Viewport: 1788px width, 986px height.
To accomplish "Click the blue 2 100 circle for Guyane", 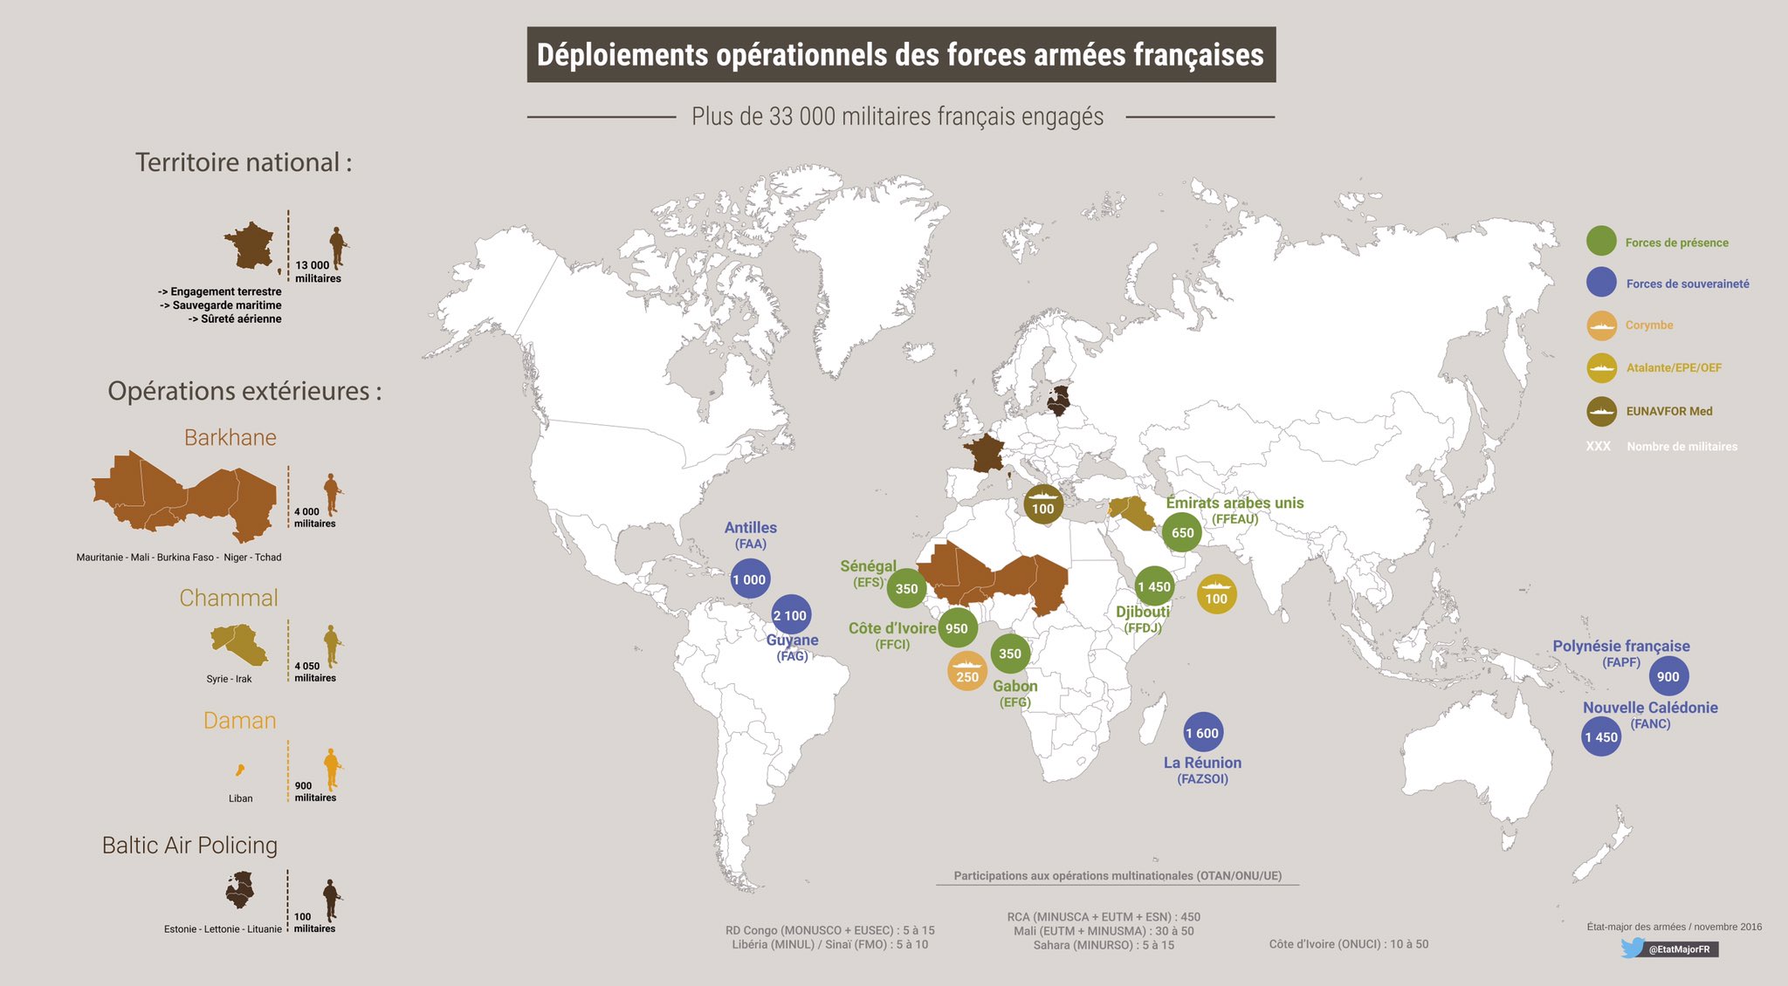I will [x=791, y=615].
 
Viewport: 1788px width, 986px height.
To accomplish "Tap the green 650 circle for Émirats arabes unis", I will [x=1182, y=532].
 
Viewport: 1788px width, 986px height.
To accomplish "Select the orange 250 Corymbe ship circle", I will [x=967, y=672].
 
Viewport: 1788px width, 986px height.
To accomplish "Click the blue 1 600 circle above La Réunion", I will [x=1202, y=733].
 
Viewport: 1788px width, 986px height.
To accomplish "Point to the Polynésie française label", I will [x=1620, y=647].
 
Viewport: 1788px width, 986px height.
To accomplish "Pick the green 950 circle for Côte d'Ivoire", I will [x=957, y=628].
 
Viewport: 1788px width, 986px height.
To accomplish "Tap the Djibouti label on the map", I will [x=1142, y=612].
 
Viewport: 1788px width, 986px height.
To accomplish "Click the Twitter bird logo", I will [x=1631, y=948].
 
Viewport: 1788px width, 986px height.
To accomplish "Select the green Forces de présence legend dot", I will [x=1601, y=242].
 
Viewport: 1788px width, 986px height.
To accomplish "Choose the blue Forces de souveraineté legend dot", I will [x=1601, y=283].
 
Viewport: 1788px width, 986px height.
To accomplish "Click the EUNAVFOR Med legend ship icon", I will [x=1601, y=411].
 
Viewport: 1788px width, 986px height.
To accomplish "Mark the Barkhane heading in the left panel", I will [x=230, y=437].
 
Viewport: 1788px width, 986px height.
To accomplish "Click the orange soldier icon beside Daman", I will [x=331, y=770].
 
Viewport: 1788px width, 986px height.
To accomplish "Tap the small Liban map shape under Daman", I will [x=239, y=770].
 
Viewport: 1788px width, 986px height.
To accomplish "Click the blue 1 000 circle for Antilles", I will [x=749, y=579].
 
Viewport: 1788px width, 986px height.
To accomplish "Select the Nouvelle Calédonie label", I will [x=1650, y=708].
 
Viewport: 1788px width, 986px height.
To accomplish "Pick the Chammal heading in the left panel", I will [x=229, y=598].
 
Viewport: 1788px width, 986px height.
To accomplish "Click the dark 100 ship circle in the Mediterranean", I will [x=1042, y=504].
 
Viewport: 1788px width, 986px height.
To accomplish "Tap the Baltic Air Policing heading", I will [x=189, y=845].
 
